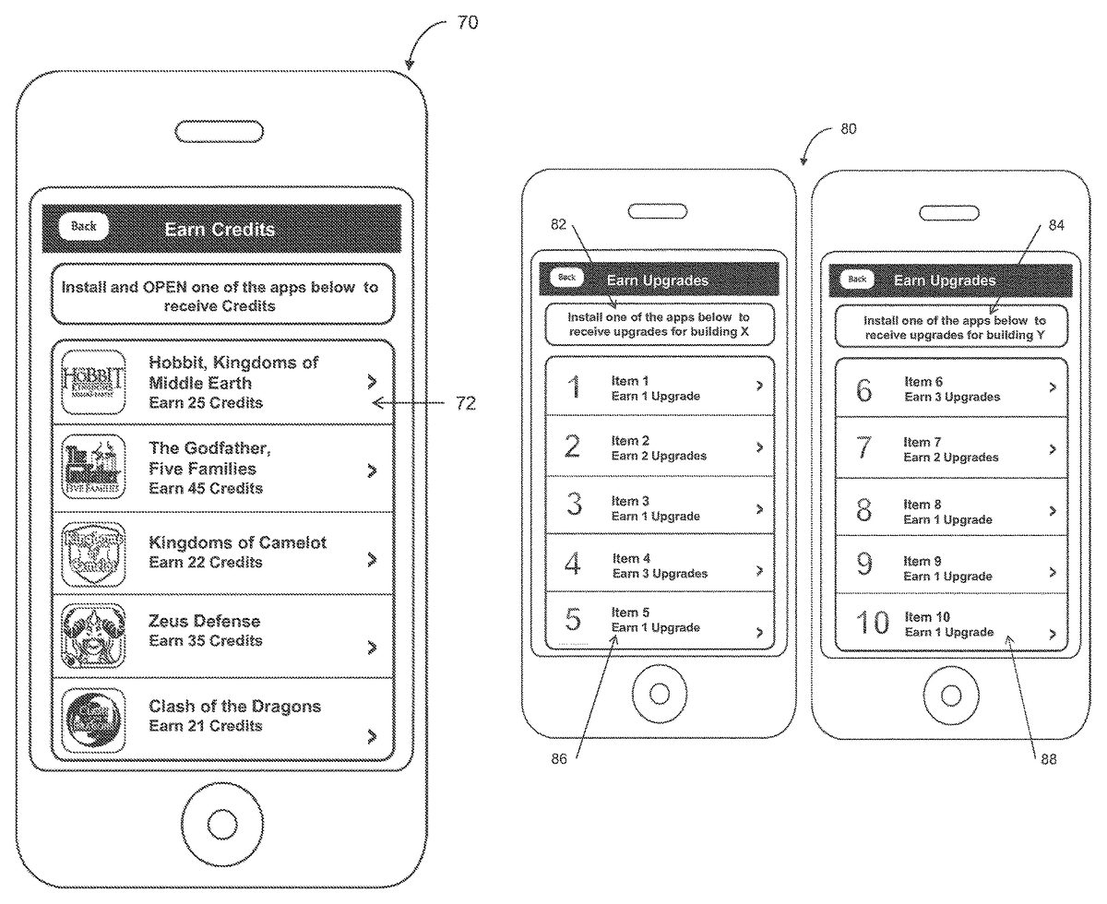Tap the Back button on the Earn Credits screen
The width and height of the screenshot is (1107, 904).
tap(84, 227)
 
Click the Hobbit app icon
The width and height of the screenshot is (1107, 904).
tap(93, 382)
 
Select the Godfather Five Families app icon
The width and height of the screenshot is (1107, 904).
tap(93, 469)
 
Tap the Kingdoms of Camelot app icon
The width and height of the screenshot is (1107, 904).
tap(93, 553)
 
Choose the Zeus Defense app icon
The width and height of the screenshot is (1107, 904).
tap(93, 636)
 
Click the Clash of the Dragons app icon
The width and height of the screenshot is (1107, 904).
tap(93, 721)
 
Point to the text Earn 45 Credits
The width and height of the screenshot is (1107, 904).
tap(206, 488)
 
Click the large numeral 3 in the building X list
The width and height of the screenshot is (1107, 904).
tap(574, 505)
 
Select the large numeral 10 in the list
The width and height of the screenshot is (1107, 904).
tap(871, 624)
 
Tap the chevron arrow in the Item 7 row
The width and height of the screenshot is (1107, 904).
tap(1053, 449)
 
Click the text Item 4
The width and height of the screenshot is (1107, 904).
tap(632, 558)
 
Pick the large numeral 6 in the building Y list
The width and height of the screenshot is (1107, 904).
tap(863, 390)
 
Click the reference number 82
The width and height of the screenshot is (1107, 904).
tap(558, 224)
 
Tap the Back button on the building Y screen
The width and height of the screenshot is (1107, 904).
tap(857, 279)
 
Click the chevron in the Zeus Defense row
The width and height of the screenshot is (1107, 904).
tap(372, 647)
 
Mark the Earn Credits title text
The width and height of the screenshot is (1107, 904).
tap(220, 229)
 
